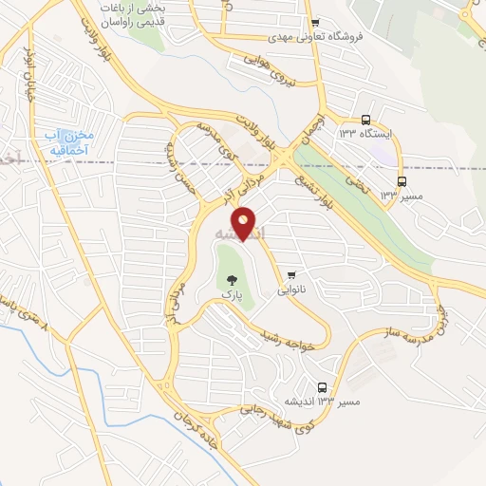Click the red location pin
click(244, 223)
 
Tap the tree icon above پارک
click(233, 280)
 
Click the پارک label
click(233, 295)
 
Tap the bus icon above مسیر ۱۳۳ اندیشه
click(323, 387)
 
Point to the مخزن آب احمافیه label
click(65, 143)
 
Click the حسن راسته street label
click(180, 161)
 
